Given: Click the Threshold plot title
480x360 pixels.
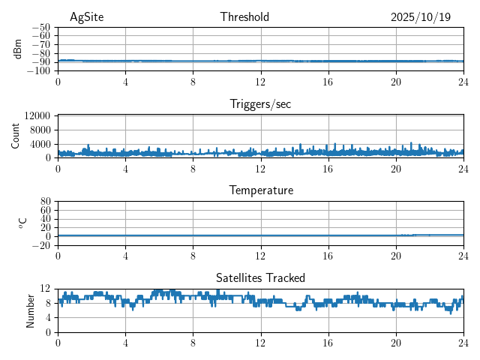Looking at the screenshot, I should pyautogui.click(x=244, y=17).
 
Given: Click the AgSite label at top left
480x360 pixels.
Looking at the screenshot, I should pyautogui.click(x=87, y=17).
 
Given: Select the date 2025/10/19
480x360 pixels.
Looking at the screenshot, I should pyautogui.click(x=421, y=17).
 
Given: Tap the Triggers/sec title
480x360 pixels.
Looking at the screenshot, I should pyautogui.click(x=260, y=104).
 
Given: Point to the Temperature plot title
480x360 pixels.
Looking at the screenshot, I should pyautogui.click(x=260, y=190).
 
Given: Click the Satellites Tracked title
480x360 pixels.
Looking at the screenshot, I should pyautogui.click(x=260, y=277).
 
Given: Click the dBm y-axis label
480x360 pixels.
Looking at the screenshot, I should pyautogui.click(x=18, y=49).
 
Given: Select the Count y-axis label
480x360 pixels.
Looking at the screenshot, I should pyautogui.click(x=16, y=136).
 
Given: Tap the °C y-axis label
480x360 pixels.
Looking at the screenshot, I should pyautogui.click(x=22, y=223).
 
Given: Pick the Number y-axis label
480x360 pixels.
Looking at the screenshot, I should pyautogui.click(x=31, y=310).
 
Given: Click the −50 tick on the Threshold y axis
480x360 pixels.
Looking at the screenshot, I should pyautogui.click(x=40, y=27).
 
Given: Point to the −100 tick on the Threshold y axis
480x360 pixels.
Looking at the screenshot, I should pyautogui.click(x=38, y=71).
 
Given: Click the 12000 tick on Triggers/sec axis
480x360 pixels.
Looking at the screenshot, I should pyautogui.click(x=37, y=115).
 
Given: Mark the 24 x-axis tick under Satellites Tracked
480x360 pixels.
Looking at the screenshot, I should pyautogui.click(x=463, y=342).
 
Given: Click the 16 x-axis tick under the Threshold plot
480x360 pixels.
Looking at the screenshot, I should pyautogui.click(x=328, y=81).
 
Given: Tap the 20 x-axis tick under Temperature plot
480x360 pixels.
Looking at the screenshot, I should pyautogui.click(x=395, y=255).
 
